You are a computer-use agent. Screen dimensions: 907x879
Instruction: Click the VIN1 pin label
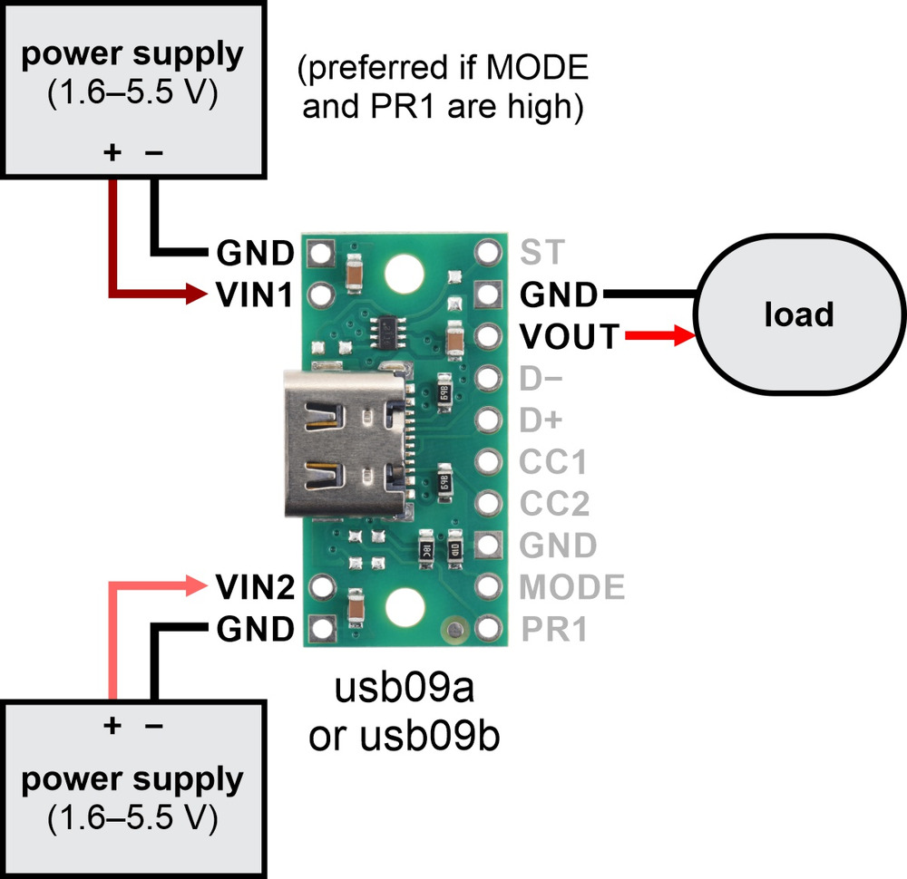(255, 295)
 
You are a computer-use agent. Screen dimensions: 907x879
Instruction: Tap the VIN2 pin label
(255, 587)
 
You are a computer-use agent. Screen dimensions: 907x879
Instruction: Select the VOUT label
(570, 336)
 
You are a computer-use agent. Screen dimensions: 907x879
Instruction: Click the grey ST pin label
(542, 252)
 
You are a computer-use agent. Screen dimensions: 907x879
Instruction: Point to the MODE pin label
(572, 587)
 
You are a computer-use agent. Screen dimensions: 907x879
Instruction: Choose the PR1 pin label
(554, 629)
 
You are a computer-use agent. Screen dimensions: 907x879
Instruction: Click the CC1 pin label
(553, 462)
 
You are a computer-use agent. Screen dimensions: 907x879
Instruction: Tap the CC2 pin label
(554, 503)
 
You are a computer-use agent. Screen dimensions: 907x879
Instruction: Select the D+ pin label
(541, 420)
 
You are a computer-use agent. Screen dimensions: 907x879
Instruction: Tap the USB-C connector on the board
(346, 443)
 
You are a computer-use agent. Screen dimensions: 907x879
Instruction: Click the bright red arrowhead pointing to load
(685, 335)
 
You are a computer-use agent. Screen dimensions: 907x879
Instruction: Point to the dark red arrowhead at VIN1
(196, 294)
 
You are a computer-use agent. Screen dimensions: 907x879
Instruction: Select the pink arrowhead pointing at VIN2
(196, 586)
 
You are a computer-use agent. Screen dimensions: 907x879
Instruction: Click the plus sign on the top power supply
(112, 152)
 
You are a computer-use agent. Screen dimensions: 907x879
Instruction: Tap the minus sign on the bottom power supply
(154, 725)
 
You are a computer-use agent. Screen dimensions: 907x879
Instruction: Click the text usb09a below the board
(405, 688)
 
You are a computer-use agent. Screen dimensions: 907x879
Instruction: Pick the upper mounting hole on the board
(405, 274)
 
